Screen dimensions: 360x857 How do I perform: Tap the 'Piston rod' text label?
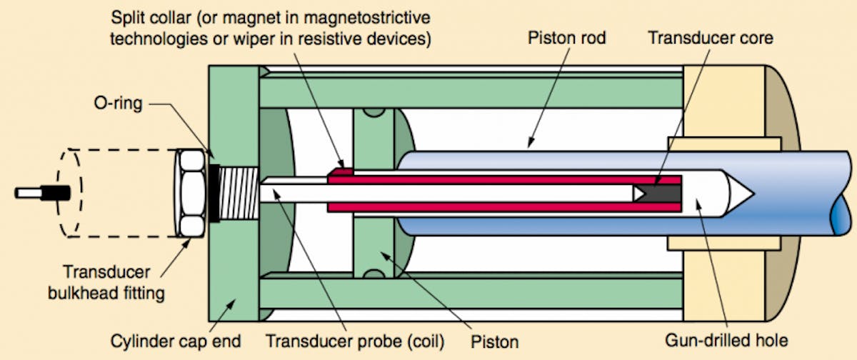(x=565, y=37)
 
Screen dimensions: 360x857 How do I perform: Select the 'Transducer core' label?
(x=710, y=37)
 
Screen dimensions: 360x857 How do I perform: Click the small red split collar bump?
(x=341, y=170)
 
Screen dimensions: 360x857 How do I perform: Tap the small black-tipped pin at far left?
(x=43, y=193)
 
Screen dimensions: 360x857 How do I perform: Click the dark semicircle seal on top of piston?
(x=372, y=113)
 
